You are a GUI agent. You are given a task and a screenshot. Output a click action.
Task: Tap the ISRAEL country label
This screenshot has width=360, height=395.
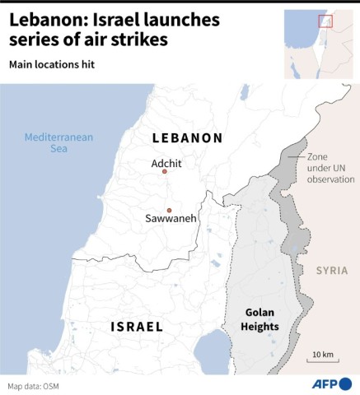137,328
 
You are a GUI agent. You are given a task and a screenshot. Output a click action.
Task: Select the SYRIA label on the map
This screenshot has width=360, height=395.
332,271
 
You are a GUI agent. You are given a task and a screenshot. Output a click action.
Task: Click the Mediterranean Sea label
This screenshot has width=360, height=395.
58,143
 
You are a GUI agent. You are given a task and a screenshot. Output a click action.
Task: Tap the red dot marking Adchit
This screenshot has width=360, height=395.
165,172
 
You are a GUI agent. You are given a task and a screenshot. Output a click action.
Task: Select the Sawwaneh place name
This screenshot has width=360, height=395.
169,221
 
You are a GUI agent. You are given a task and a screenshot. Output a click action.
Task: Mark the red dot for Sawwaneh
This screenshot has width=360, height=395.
169,210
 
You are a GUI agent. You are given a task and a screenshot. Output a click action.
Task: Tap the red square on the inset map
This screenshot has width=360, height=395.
325,21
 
